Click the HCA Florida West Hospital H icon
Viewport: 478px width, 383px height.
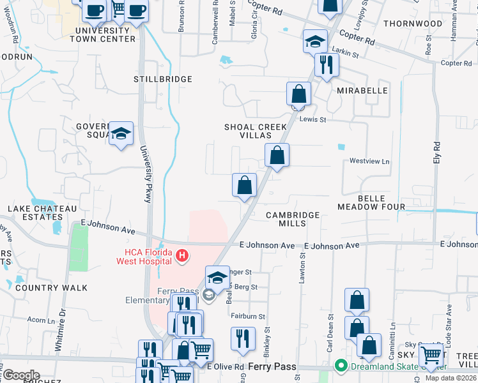pos(182,256)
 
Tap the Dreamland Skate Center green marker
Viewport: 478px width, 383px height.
pos(341,366)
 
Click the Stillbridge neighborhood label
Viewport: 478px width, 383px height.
pos(163,79)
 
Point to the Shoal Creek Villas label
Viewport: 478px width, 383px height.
pos(256,131)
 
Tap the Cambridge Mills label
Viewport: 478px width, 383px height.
pos(293,219)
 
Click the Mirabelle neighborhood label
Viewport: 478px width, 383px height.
pos(362,91)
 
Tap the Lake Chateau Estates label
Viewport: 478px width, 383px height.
pos(42,213)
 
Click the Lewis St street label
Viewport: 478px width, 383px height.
pos(313,119)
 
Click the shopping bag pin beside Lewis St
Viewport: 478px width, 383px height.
pos(298,94)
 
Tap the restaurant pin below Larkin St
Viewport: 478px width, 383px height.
pos(327,64)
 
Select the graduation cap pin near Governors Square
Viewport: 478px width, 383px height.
pos(121,134)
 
